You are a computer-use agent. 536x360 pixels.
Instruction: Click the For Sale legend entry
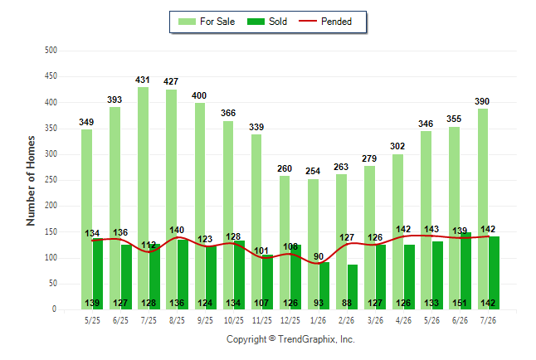[207, 22]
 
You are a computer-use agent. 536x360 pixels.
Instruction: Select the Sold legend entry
[267, 22]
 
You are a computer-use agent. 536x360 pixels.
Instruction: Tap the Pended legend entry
[325, 22]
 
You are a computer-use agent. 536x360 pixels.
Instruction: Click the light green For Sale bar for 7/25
[144, 198]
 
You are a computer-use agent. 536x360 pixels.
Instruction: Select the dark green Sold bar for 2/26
[353, 287]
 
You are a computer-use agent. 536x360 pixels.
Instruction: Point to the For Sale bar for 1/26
[313, 244]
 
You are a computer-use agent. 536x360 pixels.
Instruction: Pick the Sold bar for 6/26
[465, 270]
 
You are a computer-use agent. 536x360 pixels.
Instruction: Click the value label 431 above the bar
[143, 80]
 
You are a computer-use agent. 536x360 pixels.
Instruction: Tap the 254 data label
[313, 171]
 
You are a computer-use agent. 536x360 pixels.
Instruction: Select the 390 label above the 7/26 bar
[482, 101]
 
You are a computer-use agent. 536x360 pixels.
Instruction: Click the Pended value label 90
[319, 256]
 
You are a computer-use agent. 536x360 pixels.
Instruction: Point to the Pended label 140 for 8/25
[177, 230]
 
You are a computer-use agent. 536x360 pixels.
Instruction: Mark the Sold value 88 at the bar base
[347, 303]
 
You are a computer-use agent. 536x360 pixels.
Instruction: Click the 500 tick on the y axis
[51, 51]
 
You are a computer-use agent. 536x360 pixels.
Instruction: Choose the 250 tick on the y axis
[51, 179]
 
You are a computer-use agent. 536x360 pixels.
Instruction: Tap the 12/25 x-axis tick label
[290, 320]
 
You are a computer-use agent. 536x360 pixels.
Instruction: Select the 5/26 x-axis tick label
[431, 320]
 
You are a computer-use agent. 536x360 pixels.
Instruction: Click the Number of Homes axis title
[31, 181]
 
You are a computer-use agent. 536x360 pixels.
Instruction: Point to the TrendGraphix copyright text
[290, 339]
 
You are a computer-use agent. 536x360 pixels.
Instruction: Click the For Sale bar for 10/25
[228, 215]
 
